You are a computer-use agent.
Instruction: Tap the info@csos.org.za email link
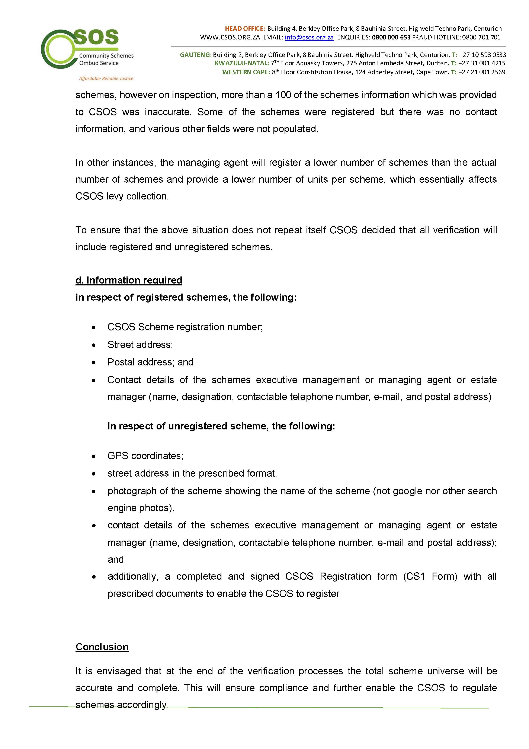[309, 38]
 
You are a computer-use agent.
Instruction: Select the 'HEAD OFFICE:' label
[245, 29]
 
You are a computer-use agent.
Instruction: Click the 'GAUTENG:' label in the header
[196, 55]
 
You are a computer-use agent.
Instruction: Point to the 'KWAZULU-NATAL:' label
[242, 63]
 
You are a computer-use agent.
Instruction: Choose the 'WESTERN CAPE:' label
[246, 72]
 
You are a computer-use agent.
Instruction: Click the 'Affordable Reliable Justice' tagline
[106, 79]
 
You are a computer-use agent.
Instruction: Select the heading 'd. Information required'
[129, 280]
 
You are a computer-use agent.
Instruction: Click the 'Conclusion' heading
[102, 647]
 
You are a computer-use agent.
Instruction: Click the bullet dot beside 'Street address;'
[94, 345]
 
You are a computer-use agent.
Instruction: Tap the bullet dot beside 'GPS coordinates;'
[94, 456]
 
